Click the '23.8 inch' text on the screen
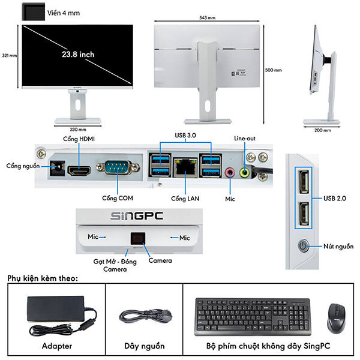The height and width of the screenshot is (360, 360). (x=78, y=54)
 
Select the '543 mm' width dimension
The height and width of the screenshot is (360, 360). (x=207, y=18)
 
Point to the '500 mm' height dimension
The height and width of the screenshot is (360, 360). (x=273, y=70)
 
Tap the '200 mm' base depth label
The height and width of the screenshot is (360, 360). (x=322, y=130)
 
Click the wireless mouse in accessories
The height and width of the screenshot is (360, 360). (x=337, y=317)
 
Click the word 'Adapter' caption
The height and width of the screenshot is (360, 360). (x=57, y=346)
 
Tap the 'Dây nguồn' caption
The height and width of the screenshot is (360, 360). (x=144, y=346)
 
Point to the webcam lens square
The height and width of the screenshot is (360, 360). (x=137, y=238)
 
